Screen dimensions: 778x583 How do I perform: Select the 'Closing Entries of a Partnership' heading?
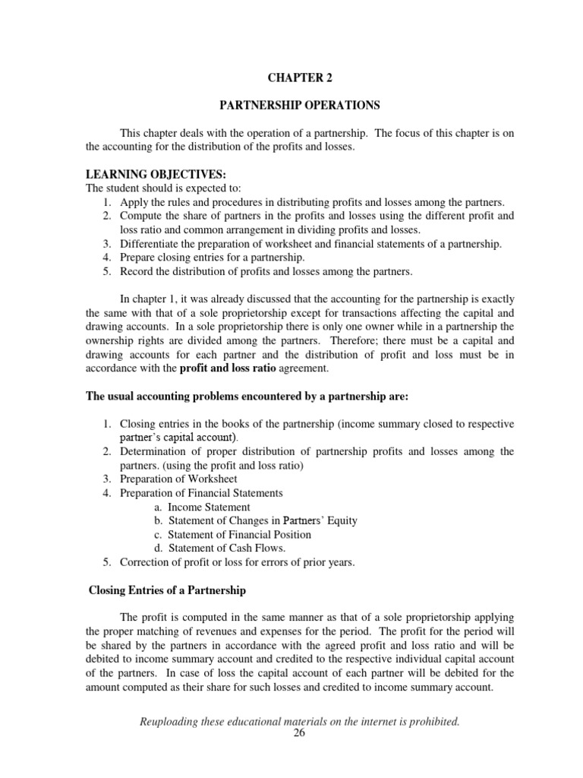(167, 590)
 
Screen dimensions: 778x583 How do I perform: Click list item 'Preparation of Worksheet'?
(178, 479)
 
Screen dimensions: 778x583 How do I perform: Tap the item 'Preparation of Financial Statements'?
(201, 493)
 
